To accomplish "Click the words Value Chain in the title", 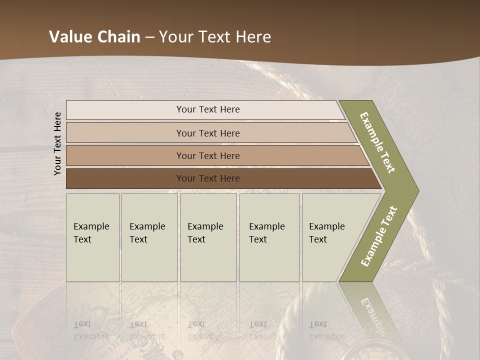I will tap(94, 37).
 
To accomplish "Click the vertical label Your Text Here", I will tap(57, 143).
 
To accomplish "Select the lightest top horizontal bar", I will tap(125, 110).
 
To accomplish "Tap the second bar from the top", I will tap(125, 133).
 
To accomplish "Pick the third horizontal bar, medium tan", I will tap(125, 155).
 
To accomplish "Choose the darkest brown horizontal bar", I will tap(125, 178).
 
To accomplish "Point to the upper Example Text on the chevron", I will tap(377, 142).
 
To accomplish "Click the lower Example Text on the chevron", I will tap(379, 236).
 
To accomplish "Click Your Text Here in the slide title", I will tap(215, 37).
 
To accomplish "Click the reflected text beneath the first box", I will tap(91, 330).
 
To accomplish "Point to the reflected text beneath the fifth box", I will tap(327, 330).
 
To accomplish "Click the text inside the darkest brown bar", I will tap(208, 178).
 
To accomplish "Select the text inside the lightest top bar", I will tap(208, 109).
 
